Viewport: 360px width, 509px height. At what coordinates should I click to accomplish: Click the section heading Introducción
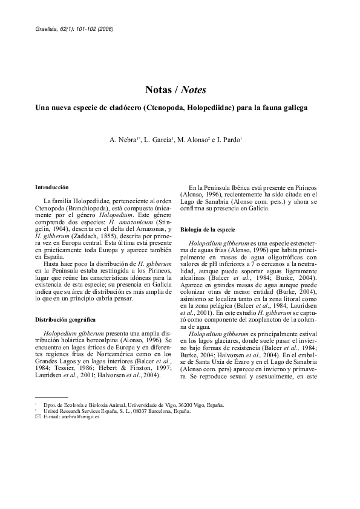[x=52, y=188]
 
